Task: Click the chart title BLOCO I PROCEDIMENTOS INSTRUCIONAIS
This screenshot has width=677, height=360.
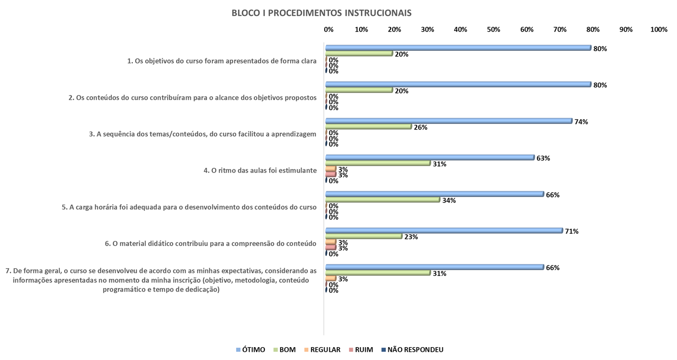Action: pos(321,13)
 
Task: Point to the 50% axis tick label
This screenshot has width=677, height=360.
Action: pos(493,30)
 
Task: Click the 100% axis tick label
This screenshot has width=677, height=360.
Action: pos(658,30)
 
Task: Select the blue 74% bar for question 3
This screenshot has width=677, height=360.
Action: pos(448,121)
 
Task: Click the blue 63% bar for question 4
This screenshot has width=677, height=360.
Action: pos(430,157)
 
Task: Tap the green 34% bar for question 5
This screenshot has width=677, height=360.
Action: pos(382,200)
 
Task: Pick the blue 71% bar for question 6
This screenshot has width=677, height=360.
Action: pos(444,230)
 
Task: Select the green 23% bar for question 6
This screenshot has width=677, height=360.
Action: pos(363,236)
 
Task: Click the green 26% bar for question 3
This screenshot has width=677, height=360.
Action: pos(368,127)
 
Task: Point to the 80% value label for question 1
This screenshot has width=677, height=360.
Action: pos(600,48)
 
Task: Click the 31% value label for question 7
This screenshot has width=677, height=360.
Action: pos(439,273)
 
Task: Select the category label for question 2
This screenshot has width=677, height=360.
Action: pos(193,98)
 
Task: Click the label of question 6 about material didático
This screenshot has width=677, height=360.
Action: pos(210,243)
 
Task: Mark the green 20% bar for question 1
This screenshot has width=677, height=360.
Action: pos(359,54)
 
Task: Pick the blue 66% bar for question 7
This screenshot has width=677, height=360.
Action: pos(434,267)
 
